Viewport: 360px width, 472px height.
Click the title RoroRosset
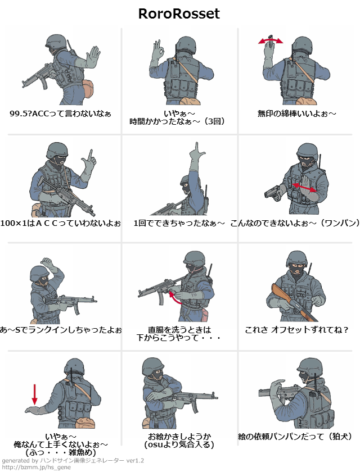[x=179, y=13]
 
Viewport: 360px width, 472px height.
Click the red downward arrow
[x=35, y=394]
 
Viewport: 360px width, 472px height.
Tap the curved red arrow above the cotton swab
[x=271, y=40]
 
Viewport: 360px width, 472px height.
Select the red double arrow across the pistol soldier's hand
[x=304, y=187]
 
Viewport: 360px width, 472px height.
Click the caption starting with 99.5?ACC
[x=60, y=114]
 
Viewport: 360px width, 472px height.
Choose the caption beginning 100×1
[x=60, y=224]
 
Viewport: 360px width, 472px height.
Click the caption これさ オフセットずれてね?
[x=296, y=330]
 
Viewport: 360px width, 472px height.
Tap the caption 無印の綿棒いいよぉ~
[x=297, y=114]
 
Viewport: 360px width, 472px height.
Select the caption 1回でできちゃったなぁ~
[x=179, y=224]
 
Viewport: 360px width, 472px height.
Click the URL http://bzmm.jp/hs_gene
[x=37, y=467]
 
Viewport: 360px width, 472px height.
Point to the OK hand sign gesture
[x=158, y=49]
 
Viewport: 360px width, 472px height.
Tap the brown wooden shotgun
[x=294, y=302]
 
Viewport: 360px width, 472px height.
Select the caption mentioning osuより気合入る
[x=179, y=441]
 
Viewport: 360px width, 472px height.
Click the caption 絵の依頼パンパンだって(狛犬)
[x=295, y=437]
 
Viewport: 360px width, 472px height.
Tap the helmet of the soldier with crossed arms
[x=153, y=366]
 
